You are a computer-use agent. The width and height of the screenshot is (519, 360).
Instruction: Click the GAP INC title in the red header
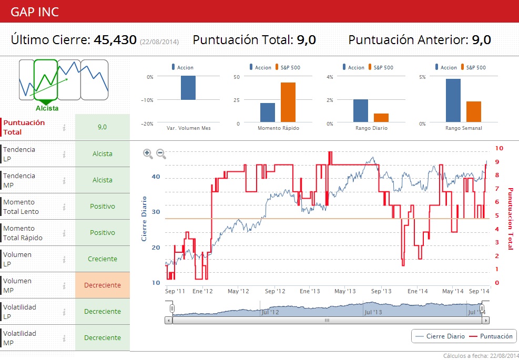click(x=35, y=12)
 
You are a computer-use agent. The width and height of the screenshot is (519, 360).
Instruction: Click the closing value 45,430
click(x=115, y=40)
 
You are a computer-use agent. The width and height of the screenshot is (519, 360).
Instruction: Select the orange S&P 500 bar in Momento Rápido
click(x=288, y=102)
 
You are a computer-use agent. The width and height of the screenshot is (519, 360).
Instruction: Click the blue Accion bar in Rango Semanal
click(x=453, y=100)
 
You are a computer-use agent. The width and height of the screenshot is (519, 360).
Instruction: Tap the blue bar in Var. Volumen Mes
click(x=188, y=88)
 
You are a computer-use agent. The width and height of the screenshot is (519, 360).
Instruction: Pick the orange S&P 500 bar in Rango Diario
click(x=381, y=118)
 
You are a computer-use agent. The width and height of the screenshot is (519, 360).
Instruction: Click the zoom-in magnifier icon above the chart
click(x=148, y=153)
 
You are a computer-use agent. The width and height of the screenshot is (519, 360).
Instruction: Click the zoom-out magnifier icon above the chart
click(x=161, y=153)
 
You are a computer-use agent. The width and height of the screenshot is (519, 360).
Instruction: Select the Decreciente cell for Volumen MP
click(x=103, y=285)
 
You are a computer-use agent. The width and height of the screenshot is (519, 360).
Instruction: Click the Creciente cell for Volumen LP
click(x=103, y=259)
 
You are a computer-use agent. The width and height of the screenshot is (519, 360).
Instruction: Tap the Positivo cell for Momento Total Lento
click(x=103, y=207)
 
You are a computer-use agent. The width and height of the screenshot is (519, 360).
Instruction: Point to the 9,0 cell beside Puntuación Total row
click(x=103, y=127)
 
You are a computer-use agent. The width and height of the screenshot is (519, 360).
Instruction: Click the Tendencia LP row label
click(x=19, y=154)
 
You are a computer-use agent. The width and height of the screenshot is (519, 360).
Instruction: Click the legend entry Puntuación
click(x=491, y=336)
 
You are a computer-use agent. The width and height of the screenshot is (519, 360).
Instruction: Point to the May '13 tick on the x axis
click(x=345, y=291)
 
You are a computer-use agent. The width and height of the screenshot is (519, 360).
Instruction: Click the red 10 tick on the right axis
click(x=499, y=149)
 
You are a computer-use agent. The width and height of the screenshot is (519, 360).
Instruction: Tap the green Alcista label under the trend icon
click(x=47, y=108)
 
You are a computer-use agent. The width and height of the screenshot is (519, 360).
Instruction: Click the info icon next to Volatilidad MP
click(x=64, y=338)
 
